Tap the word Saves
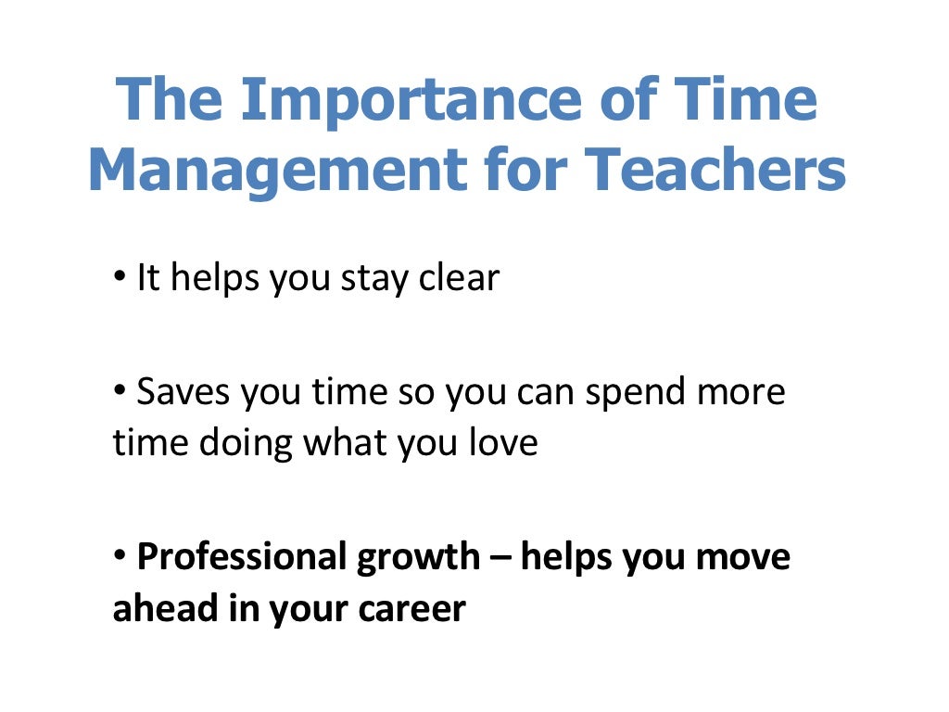184,392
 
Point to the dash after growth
500,558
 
